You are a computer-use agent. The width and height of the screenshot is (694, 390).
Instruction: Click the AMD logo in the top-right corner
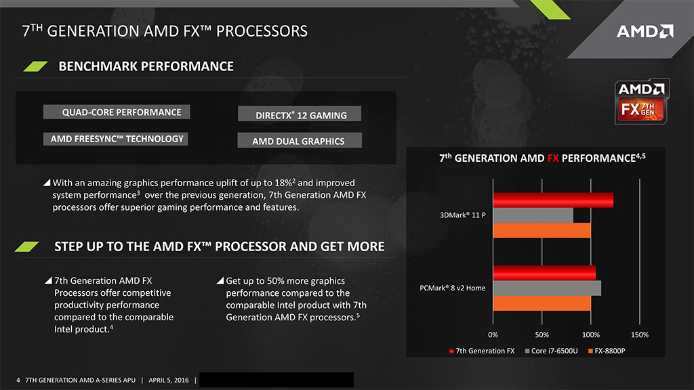(645, 31)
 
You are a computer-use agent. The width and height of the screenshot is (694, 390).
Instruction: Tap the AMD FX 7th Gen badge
(642, 102)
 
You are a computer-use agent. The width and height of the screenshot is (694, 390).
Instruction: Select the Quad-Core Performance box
(117, 112)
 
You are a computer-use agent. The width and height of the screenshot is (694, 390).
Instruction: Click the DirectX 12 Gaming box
(300, 114)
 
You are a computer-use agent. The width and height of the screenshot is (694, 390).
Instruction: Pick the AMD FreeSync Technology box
(115, 139)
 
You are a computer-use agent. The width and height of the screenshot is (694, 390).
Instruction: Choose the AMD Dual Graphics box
(300, 141)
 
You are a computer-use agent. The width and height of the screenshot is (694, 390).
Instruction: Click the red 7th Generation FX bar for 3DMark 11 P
(553, 200)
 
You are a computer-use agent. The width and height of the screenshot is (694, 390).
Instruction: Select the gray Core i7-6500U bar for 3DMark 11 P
(533, 215)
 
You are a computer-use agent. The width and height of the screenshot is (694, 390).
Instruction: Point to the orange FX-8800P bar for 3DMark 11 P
(542, 230)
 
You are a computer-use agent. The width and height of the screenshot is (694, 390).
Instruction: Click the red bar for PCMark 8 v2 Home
(544, 273)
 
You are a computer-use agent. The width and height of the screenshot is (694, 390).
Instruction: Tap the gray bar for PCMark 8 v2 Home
(547, 288)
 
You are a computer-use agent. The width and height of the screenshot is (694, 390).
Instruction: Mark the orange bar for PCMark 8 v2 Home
(542, 303)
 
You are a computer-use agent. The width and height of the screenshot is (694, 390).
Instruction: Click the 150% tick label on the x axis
(640, 334)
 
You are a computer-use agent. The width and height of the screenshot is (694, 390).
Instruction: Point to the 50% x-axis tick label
(542, 334)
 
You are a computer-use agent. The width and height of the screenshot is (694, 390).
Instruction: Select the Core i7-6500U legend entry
(551, 351)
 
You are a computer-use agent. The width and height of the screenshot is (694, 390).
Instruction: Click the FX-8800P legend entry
(607, 351)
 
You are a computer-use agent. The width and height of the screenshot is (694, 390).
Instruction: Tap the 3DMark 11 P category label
(462, 215)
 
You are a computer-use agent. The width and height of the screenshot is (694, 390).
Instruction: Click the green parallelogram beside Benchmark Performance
(35, 66)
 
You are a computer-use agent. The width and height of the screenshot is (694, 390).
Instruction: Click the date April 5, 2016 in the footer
(169, 380)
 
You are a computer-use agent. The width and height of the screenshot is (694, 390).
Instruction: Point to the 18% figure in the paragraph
(283, 183)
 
